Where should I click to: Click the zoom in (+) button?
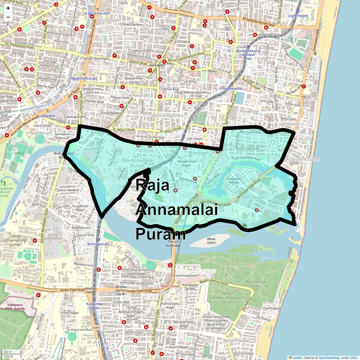click(x=8, y=8)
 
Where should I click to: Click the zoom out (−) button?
click(x=8, y=17)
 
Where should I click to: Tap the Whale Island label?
click(x=211, y=241)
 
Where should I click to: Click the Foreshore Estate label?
click(x=303, y=159)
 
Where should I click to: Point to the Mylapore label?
click(x=249, y=111)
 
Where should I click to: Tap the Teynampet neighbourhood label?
click(x=108, y=20)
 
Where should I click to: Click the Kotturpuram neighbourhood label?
click(x=64, y=199)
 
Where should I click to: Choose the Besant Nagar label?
click(x=236, y=340)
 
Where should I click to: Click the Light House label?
click(x=298, y=16)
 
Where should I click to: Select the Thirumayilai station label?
click(x=232, y=88)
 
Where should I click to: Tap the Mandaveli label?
click(x=199, y=153)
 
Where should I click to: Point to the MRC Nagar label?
click(x=254, y=197)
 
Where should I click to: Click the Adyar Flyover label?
click(x=170, y=286)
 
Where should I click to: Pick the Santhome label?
click(x=289, y=124)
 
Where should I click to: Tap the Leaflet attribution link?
click(x=297, y=358)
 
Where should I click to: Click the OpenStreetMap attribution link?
click(x=329, y=358)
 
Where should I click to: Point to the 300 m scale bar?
click(x=11, y=352)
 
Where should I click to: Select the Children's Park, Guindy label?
click(x=15, y=307)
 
